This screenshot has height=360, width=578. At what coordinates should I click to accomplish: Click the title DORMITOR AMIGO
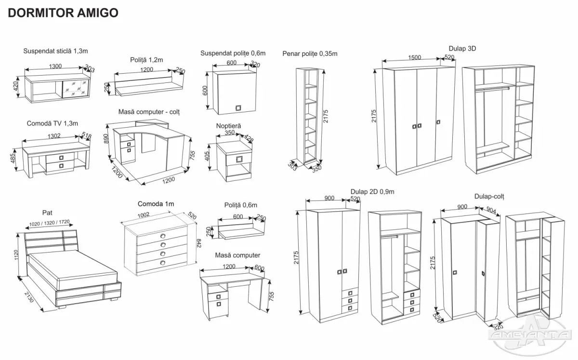pyautogui.click(x=63, y=13)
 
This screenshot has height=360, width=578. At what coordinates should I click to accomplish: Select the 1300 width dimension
pyautogui.click(x=56, y=67)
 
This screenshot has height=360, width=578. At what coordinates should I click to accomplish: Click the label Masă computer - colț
pyautogui.click(x=149, y=112)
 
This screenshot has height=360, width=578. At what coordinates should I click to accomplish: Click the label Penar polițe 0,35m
pyautogui.click(x=310, y=53)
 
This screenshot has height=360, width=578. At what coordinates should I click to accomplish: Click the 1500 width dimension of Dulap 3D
pyautogui.click(x=414, y=57)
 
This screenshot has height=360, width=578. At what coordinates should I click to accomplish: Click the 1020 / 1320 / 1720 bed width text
pyautogui.click(x=49, y=224)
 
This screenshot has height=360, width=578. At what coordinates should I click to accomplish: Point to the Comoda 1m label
pyautogui.click(x=156, y=204)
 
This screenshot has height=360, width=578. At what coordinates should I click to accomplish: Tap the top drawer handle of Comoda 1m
pyautogui.click(x=162, y=236)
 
